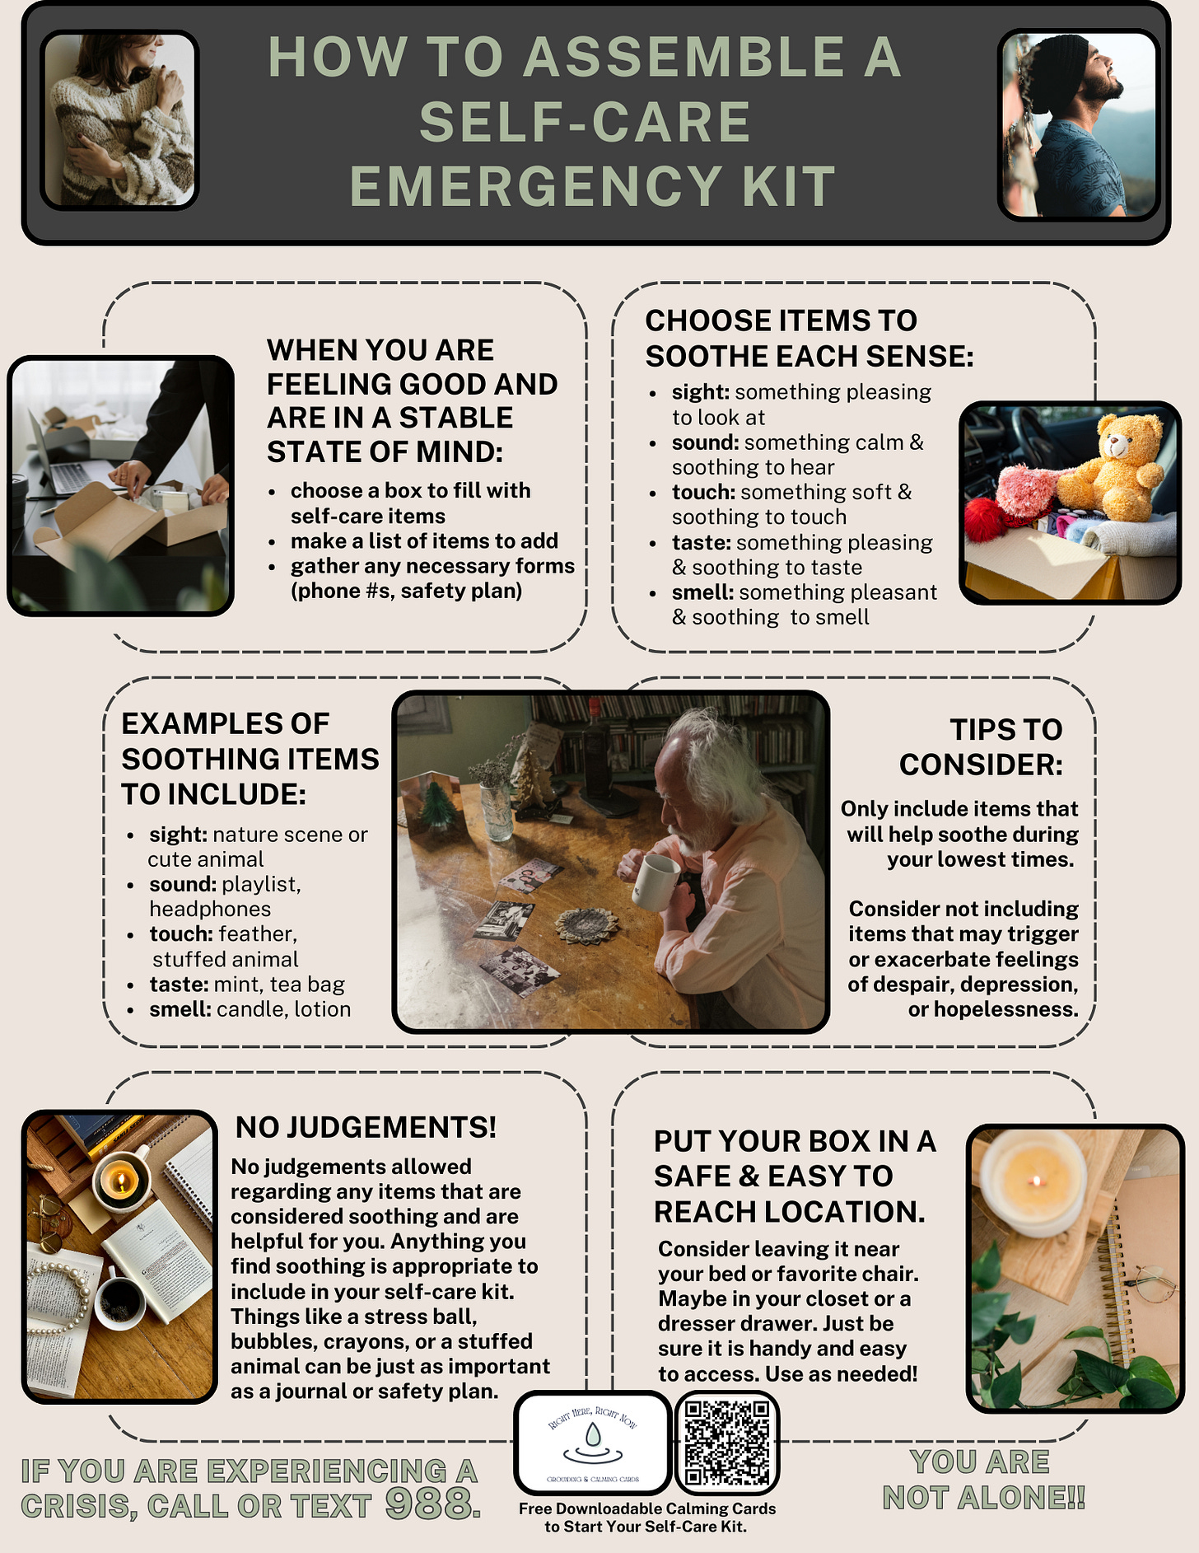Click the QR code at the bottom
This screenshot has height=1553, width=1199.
727,1443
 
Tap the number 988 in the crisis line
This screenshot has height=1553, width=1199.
432,1504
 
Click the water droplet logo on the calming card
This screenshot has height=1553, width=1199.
592,1437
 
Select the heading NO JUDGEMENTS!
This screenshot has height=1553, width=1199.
366,1127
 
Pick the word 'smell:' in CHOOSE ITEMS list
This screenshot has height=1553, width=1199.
702,592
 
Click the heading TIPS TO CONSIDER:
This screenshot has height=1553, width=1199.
981,747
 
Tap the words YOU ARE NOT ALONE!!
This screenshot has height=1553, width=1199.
984,1480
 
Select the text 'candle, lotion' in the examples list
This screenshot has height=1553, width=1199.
284,1009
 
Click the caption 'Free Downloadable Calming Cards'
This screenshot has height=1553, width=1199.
647,1509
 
